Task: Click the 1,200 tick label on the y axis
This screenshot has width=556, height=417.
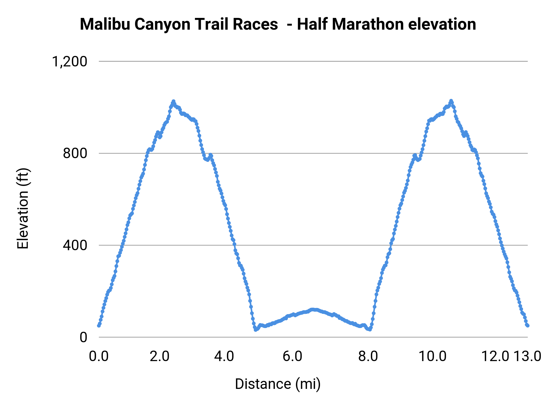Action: tap(69, 61)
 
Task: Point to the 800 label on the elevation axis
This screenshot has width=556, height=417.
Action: tap(75, 153)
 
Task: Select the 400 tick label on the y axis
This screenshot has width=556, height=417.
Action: tap(75, 245)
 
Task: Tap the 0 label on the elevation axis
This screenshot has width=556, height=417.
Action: tap(83, 337)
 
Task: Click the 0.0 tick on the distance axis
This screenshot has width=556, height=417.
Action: tap(99, 356)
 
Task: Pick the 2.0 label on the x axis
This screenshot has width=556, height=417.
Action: tap(160, 356)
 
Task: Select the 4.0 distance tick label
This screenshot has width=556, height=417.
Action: tap(224, 356)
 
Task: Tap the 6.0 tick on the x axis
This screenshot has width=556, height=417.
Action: tap(292, 356)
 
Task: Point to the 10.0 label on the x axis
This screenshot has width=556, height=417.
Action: tap(432, 356)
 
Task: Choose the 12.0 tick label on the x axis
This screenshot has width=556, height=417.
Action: tap(495, 356)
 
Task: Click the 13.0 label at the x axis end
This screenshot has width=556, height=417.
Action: tap(528, 356)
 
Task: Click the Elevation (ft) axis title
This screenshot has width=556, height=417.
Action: tap(23, 208)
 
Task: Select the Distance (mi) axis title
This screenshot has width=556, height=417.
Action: tap(278, 384)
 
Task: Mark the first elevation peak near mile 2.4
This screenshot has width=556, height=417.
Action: tap(173, 101)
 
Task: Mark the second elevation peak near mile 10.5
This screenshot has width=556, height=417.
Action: tap(451, 101)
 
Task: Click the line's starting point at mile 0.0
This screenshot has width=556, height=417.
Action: tap(99, 326)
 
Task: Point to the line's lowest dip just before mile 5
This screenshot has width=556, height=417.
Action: tap(255, 330)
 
